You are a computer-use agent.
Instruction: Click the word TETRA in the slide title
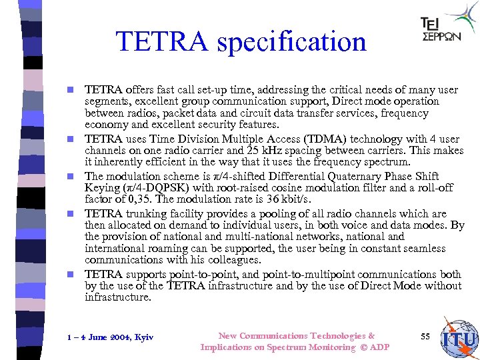pos(161,42)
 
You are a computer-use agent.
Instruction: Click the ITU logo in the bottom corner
pos(459,339)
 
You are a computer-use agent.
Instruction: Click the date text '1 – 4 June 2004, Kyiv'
pos(111,337)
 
